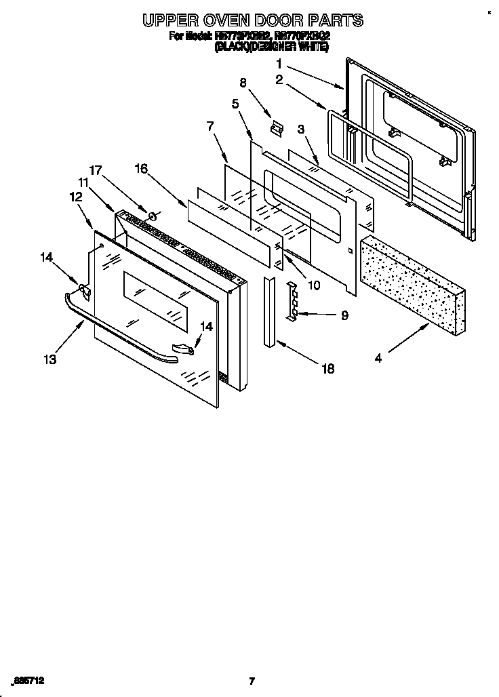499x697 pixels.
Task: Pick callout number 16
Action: [x=140, y=169]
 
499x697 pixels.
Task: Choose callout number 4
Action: [x=378, y=359]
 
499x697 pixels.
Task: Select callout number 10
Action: [x=314, y=285]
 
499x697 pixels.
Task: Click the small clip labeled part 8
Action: [x=275, y=126]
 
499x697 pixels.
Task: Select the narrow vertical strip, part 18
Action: [x=271, y=312]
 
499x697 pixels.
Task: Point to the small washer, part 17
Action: [x=153, y=216]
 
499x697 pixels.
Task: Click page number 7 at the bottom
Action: [x=252, y=681]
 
